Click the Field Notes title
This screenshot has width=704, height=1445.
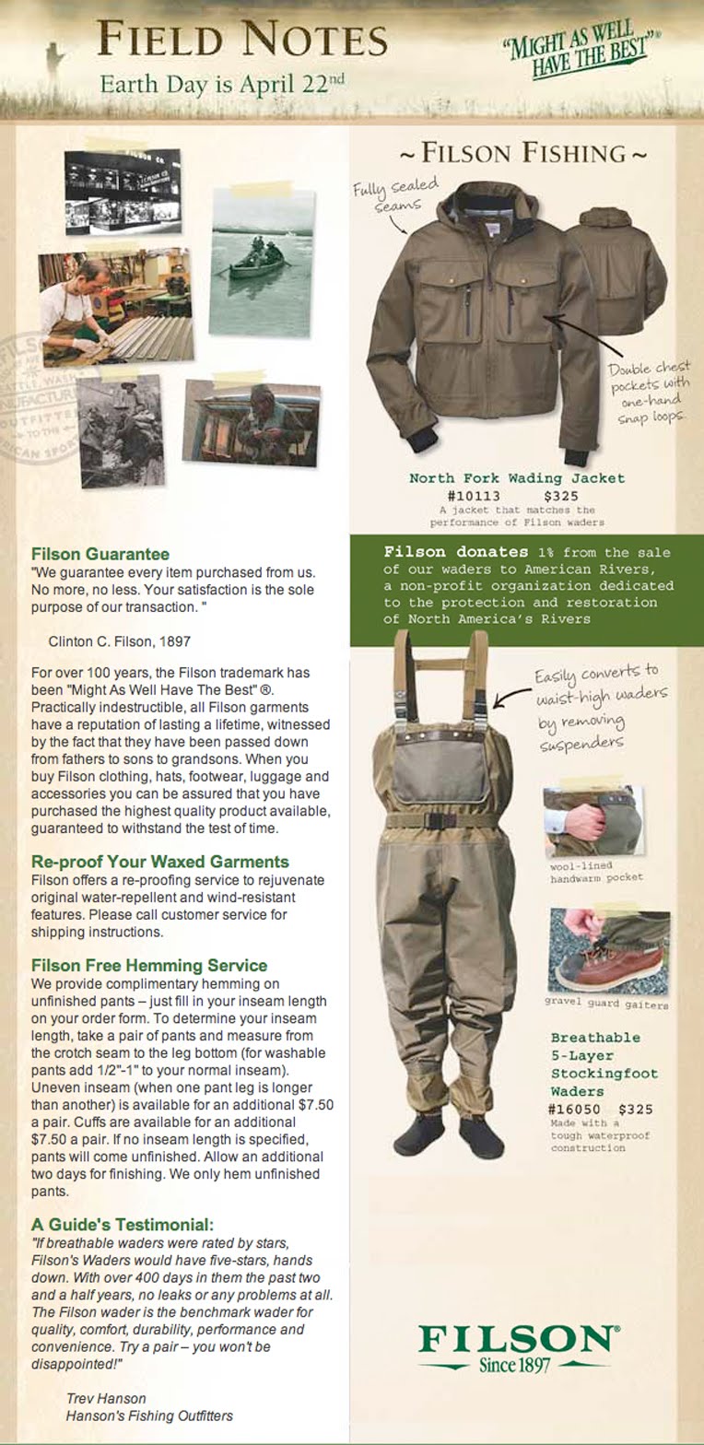click(x=242, y=40)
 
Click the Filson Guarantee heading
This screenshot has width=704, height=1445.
click(x=100, y=554)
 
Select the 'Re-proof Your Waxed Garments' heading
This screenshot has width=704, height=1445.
click(x=160, y=862)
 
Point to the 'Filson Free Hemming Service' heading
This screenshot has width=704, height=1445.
click(x=149, y=965)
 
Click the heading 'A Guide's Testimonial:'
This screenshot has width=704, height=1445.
click(x=123, y=1225)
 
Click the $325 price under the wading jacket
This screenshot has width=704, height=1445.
click(x=561, y=496)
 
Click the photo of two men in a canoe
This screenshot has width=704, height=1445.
click(x=261, y=262)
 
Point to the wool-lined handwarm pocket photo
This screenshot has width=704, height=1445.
click(x=592, y=821)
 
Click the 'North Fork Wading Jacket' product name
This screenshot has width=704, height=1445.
click(x=517, y=478)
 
